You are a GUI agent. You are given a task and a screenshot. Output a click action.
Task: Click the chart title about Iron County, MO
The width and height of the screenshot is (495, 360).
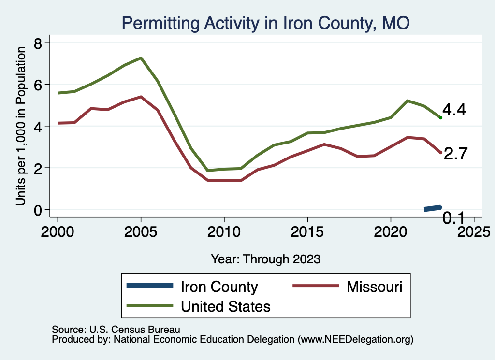tap(265, 23)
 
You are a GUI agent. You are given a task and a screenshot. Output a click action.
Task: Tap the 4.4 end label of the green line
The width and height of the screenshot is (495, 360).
tap(454, 110)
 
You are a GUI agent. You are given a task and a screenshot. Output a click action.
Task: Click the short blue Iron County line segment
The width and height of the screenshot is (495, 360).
tap(433, 208)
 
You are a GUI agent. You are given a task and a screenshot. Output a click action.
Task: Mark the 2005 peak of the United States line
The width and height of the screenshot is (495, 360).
tap(141, 58)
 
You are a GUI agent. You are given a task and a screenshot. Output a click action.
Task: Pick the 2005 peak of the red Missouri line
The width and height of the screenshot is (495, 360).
tap(141, 97)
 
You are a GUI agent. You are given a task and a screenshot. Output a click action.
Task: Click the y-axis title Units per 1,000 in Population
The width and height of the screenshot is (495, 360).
tap(21, 127)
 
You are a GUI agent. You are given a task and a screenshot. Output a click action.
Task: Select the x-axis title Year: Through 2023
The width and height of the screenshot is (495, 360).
tap(265, 259)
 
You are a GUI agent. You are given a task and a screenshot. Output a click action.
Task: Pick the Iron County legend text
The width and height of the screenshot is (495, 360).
tap(219, 287)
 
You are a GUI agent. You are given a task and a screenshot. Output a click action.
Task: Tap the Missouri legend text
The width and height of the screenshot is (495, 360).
tap(374, 287)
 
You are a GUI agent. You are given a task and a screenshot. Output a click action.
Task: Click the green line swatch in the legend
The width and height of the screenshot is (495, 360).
tap(149, 306)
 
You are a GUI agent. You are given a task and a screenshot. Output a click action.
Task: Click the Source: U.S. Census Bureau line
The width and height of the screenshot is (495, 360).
tap(116, 330)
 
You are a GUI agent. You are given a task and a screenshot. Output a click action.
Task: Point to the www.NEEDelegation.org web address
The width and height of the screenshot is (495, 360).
tap(356, 339)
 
